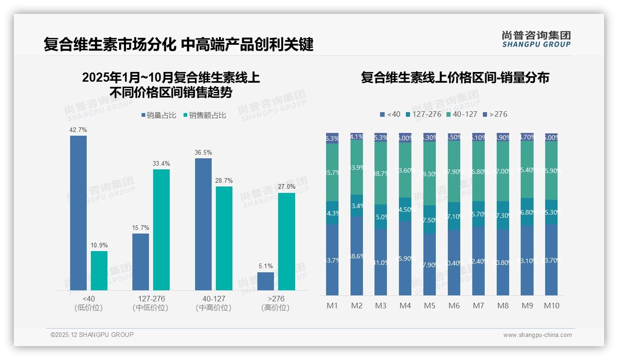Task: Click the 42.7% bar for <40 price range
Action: (x=78, y=212)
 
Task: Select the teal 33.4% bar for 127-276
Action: (x=161, y=229)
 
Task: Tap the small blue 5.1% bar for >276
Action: (x=266, y=281)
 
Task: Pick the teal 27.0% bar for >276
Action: (x=286, y=241)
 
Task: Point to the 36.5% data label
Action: (x=203, y=153)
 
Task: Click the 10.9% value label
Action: (x=99, y=246)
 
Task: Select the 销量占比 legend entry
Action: (x=159, y=115)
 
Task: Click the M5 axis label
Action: (x=429, y=306)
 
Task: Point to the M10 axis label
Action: (x=552, y=306)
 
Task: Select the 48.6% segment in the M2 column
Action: (x=357, y=256)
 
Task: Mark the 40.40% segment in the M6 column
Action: (x=454, y=263)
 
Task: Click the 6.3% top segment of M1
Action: (x=332, y=138)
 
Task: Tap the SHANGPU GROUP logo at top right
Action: (x=536, y=39)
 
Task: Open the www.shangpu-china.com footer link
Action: (x=537, y=335)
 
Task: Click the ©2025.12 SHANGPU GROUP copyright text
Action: (x=92, y=335)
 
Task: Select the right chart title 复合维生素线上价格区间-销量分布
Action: (x=455, y=78)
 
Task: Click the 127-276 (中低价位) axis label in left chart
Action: (x=150, y=303)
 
